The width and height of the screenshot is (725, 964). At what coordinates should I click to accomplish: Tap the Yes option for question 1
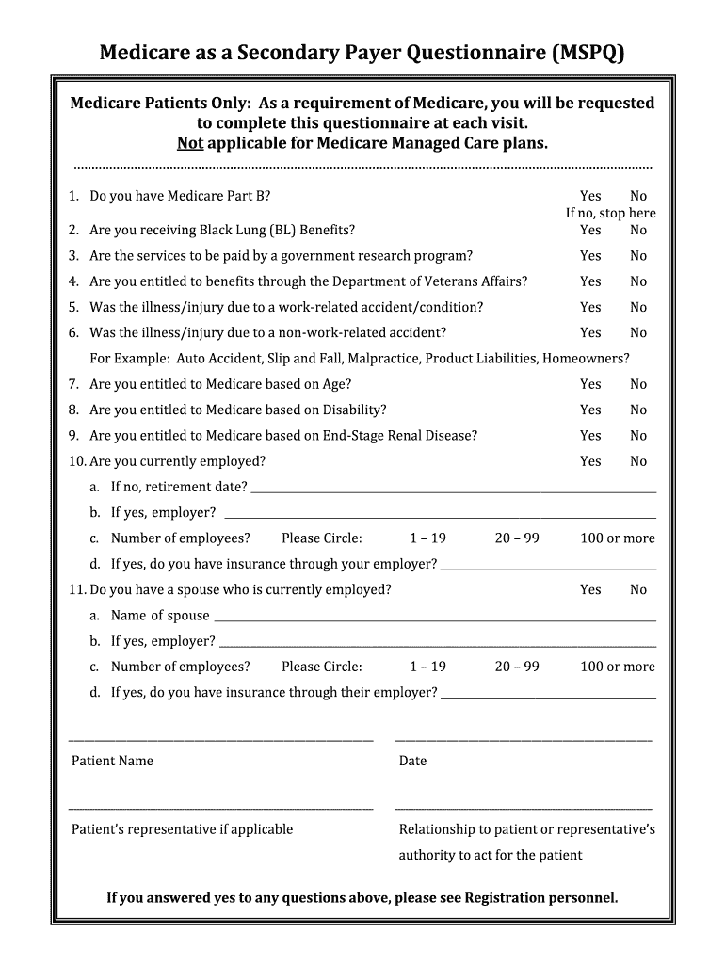tap(590, 196)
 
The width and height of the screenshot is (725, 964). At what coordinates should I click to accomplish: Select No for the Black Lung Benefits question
tap(638, 230)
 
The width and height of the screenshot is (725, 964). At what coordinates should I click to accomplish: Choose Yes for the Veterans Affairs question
tap(590, 281)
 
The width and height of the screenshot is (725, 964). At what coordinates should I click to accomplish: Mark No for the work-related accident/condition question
tap(638, 307)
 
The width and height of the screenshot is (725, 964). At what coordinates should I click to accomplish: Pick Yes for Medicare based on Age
tap(590, 384)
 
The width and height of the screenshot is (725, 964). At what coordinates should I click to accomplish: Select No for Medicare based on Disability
tap(638, 410)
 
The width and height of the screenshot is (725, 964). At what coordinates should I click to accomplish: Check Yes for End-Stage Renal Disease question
tap(590, 435)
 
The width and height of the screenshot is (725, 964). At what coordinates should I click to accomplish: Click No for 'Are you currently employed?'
tap(638, 461)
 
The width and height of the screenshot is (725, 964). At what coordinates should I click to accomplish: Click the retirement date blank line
tap(453, 490)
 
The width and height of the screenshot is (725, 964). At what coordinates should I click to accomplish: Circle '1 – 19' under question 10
tap(427, 538)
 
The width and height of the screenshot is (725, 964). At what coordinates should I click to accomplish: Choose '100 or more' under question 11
tap(618, 667)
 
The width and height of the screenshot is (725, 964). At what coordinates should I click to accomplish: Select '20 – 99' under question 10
tap(517, 538)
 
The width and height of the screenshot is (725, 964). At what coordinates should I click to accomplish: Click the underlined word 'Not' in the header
tap(189, 144)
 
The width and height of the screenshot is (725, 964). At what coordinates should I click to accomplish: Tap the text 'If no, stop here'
tap(610, 213)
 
